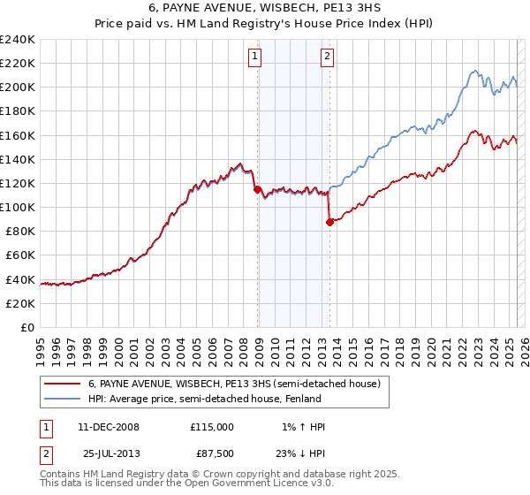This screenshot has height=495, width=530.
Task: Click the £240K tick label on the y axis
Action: [18, 40]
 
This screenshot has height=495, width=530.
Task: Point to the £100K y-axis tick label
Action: [18, 207]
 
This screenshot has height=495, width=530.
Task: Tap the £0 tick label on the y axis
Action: [27, 327]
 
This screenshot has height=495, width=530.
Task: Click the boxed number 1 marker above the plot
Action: [255, 57]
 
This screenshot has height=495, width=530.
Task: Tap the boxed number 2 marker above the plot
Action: [327, 57]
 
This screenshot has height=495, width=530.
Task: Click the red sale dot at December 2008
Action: [257, 189]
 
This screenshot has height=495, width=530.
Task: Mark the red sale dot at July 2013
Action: [329, 223]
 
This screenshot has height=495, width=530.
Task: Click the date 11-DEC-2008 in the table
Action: [109, 427]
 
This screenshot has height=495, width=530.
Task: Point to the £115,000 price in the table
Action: [211, 427]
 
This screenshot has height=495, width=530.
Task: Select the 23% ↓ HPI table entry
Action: [299, 456]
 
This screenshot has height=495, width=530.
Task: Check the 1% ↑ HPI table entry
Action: [299, 427]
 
